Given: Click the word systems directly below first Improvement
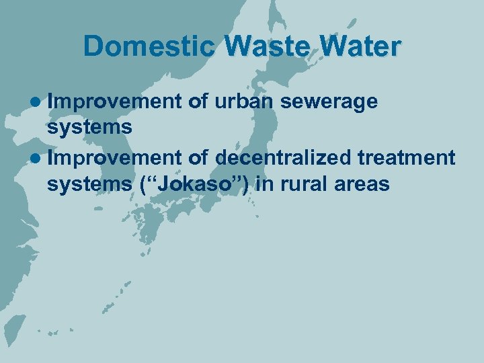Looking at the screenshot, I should pos(89,128).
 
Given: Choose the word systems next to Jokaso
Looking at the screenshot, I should pos(89,184).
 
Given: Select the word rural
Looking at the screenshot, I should pos(305,184).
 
